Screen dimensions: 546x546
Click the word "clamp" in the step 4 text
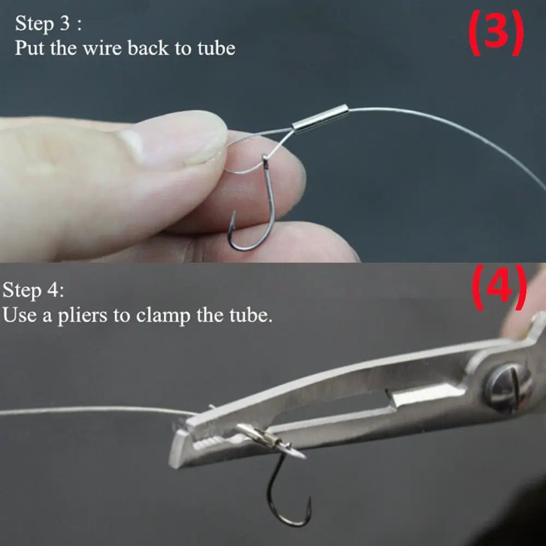(164, 316)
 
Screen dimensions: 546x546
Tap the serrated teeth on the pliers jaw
(210, 440)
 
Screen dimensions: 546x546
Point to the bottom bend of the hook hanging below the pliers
(289, 521)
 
